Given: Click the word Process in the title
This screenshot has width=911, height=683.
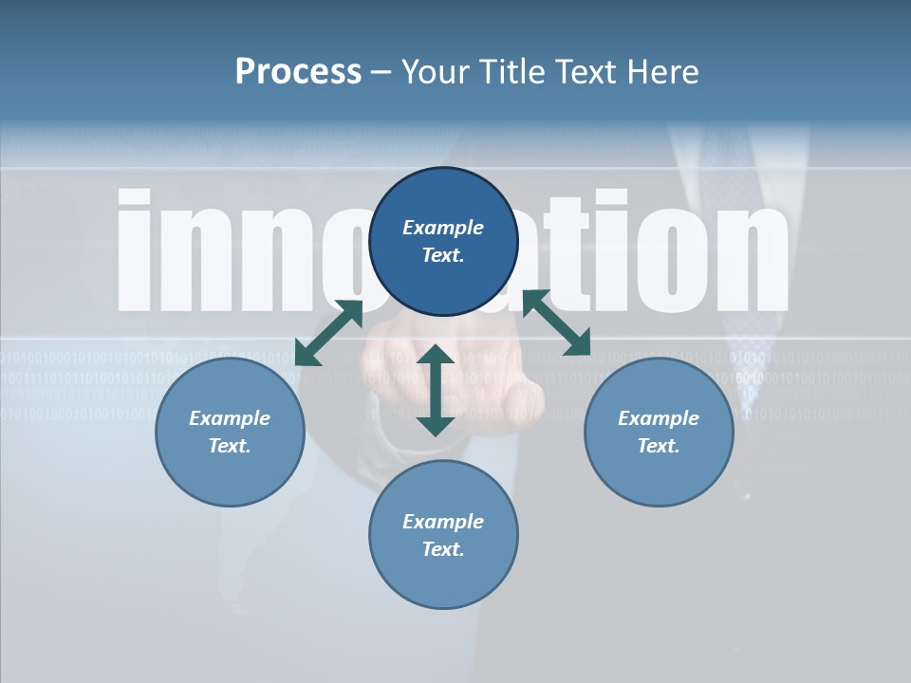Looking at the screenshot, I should (298, 71).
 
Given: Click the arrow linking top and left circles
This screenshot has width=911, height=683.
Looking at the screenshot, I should (328, 333).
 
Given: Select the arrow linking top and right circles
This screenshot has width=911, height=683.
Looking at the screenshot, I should (556, 323).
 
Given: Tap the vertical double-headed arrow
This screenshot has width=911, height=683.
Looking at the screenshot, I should (436, 390).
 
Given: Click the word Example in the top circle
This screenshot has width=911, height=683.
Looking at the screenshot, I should (443, 228).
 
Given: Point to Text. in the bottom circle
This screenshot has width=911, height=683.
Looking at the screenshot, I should (443, 549).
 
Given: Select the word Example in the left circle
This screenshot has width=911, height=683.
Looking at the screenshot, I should (230, 418).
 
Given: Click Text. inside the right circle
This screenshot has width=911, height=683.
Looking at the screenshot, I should (659, 446).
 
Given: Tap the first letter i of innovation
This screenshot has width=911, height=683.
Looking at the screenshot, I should (134, 250).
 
